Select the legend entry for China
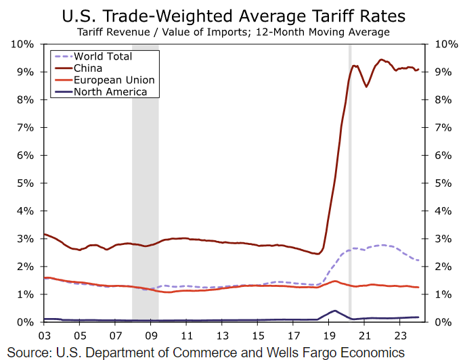coord(87,68)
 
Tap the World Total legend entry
coord(103,56)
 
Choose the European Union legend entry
coord(114,80)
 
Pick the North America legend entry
coord(110,91)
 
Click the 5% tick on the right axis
coord(440,183)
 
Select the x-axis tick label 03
coord(44,335)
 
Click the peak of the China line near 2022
coord(381,60)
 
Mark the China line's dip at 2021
coord(366,87)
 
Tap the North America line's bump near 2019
coord(334,311)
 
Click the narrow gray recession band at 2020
coord(350,183)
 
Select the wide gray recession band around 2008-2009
coord(145,183)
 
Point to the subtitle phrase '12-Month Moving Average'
coord(328,32)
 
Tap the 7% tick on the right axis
coord(440,127)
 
